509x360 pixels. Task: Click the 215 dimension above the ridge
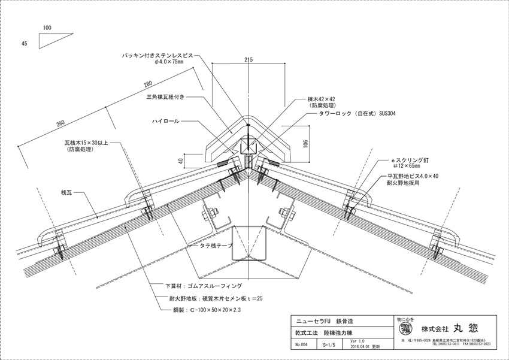click(249, 60)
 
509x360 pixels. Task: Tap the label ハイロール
click(165, 120)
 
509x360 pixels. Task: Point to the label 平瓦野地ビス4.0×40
click(413, 176)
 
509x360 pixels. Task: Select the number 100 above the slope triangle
click(48, 28)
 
